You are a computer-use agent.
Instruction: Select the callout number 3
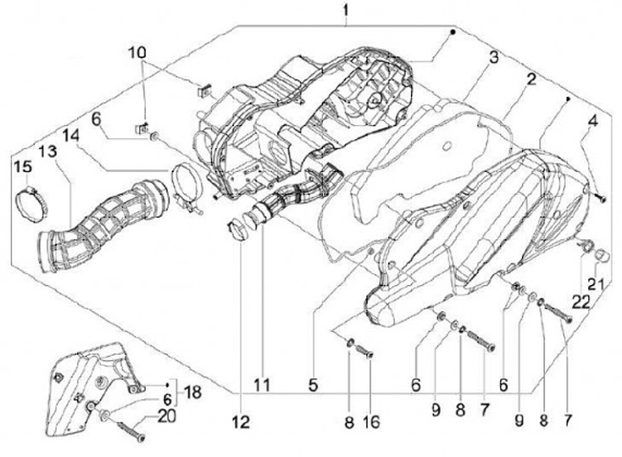tap(492, 58)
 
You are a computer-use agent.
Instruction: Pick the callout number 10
tap(138, 54)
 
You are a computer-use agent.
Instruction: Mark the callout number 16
tap(371, 423)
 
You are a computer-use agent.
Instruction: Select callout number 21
tap(595, 284)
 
